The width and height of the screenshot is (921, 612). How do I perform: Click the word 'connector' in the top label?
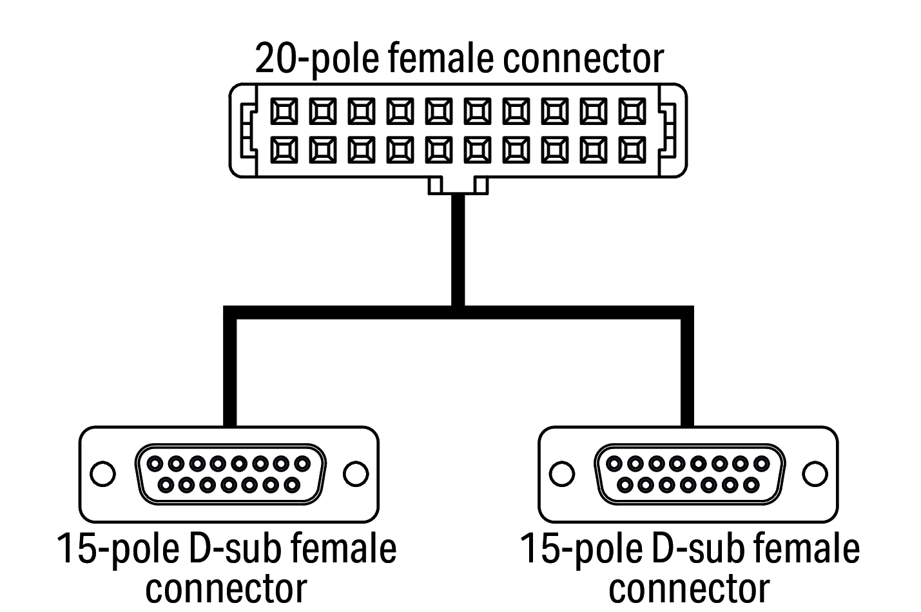[582, 59]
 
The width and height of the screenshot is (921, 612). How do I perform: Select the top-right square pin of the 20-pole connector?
[632, 112]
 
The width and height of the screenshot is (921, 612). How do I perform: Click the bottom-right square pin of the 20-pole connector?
[632, 150]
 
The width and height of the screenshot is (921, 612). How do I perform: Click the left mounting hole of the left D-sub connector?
[102, 474]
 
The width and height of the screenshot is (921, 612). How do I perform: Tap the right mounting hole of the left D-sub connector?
[355, 474]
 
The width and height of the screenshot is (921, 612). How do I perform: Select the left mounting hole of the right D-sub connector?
[562, 474]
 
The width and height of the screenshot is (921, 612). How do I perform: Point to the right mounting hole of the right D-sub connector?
[815, 474]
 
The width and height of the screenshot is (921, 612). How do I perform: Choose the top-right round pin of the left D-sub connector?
[302, 463]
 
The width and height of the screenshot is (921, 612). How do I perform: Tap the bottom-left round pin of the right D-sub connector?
[625, 484]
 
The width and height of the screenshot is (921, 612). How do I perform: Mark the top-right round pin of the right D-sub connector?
[761, 463]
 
